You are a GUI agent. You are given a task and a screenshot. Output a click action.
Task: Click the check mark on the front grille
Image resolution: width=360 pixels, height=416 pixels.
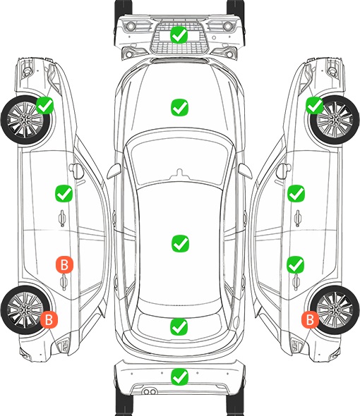pos(179,35)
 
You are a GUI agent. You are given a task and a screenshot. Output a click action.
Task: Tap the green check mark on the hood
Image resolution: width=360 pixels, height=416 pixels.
pos(179,107)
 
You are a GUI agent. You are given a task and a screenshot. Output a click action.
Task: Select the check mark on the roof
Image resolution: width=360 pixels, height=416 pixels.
pos(180,243)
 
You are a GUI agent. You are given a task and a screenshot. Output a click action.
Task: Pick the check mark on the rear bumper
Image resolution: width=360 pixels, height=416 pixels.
pos(179,377)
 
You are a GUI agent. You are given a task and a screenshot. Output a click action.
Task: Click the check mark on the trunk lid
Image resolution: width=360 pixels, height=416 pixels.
pos(179,327)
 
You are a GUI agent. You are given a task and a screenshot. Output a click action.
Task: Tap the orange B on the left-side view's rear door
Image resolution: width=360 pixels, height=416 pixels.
pos(64,264)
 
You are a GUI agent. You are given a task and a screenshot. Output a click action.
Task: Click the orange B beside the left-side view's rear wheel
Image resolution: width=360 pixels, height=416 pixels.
pos(49,319)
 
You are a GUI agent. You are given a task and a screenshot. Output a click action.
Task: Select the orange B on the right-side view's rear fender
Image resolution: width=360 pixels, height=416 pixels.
pos(310,319)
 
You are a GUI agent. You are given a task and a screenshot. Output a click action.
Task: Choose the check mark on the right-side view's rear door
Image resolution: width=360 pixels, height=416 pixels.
pos(295,264)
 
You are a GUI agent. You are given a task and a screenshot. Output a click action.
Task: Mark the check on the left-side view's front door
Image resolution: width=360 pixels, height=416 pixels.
pos(64,193)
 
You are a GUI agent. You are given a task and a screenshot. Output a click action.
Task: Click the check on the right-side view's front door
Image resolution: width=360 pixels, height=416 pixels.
pos(296,193)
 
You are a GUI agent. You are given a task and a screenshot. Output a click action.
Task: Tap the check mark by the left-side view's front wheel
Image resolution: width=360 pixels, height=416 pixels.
pos(44,105)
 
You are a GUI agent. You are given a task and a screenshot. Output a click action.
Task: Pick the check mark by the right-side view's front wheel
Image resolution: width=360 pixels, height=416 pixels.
pos(315,105)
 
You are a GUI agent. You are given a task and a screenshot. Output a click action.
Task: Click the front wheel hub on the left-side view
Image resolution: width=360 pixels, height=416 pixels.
pos(25,120)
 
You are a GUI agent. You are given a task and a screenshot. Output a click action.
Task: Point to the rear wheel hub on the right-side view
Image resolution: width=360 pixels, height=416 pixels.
pos(335,310)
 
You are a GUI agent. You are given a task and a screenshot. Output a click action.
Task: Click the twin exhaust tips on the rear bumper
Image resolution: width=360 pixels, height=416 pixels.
pos(150,391)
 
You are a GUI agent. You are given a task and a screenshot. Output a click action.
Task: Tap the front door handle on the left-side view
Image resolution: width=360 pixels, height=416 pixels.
pos(62,218)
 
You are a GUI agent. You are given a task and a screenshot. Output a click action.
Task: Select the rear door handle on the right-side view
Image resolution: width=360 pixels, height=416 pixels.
pos(296,282)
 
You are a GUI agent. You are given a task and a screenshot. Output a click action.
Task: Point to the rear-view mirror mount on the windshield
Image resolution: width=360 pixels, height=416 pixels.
pos(180,173)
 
